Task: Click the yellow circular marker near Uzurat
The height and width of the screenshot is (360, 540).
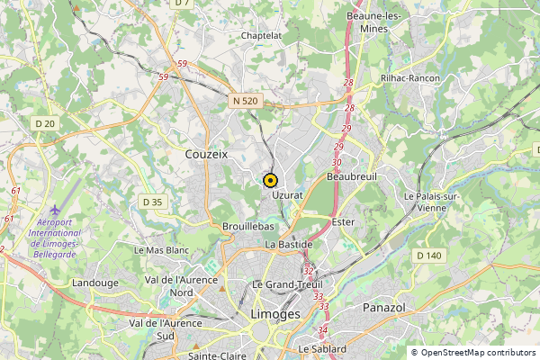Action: [269, 179]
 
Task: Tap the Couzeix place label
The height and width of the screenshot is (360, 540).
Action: [206, 155]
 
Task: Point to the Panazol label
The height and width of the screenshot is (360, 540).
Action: [385, 308]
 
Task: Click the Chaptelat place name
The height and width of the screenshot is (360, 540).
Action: [262, 35]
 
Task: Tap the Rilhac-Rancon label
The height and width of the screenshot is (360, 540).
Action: [409, 78]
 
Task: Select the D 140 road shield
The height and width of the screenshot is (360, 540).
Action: [429, 256]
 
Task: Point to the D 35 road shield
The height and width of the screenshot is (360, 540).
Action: [153, 202]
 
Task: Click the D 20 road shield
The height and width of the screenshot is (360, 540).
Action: [45, 122]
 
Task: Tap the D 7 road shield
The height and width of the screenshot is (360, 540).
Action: [183, 4]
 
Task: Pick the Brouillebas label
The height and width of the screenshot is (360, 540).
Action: [247, 228]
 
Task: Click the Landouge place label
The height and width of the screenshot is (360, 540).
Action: [95, 283]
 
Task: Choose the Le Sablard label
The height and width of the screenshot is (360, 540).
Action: [323, 348]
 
